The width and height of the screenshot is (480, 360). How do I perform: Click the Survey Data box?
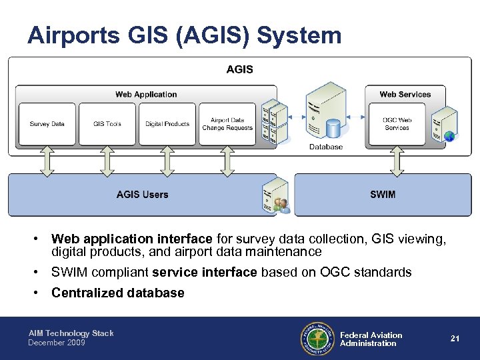[47, 124]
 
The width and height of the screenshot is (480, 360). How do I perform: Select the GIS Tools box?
[107, 124]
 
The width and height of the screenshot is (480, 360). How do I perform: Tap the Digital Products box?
[167, 124]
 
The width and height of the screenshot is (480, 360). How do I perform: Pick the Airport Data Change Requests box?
[227, 124]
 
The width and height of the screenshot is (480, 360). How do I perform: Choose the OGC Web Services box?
[397, 124]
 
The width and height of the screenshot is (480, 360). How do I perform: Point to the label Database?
[326, 147]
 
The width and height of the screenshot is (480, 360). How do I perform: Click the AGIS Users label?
[142, 195]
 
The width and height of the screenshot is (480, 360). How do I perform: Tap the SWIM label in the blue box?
[383, 195]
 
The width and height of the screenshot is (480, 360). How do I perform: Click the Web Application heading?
[146, 95]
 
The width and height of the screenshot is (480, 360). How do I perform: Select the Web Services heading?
[405, 95]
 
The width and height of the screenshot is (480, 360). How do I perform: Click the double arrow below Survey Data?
[47, 161]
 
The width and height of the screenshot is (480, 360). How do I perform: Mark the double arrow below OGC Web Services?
[397, 161]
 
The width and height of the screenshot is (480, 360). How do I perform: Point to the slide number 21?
[455, 339]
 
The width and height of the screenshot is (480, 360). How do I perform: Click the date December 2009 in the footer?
[57, 343]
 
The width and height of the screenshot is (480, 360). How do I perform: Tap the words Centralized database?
[117, 293]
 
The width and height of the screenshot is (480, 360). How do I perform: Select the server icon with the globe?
[444, 123]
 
